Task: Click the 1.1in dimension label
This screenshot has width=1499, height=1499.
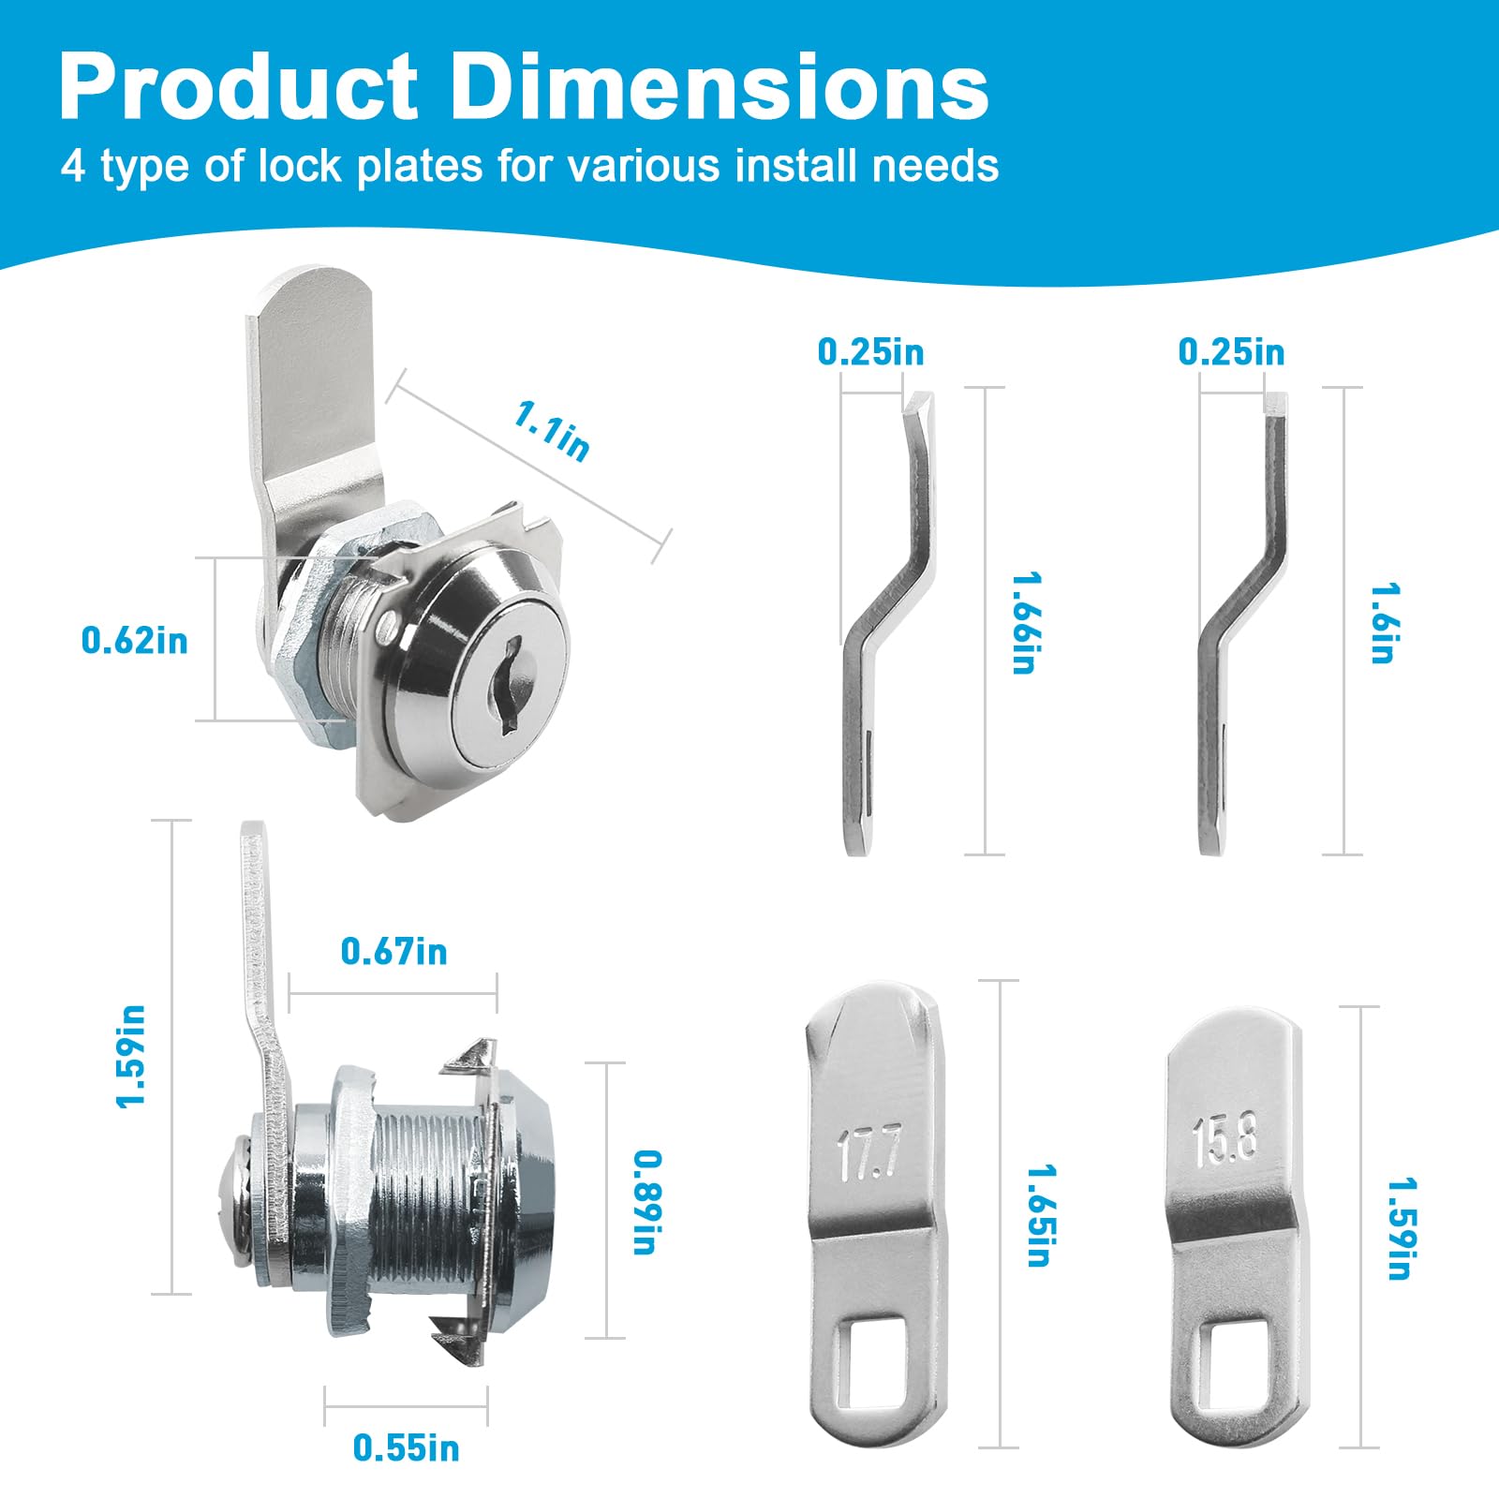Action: click(552, 430)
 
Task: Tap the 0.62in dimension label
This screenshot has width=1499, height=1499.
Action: click(134, 641)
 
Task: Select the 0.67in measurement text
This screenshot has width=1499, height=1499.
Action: click(393, 952)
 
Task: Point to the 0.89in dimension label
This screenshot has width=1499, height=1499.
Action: click(646, 1202)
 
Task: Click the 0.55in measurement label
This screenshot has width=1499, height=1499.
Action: click(406, 1447)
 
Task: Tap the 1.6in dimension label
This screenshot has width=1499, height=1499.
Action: click(1383, 623)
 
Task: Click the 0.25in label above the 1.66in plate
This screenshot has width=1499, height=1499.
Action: click(870, 352)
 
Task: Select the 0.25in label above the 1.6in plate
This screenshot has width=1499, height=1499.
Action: click(1231, 352)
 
